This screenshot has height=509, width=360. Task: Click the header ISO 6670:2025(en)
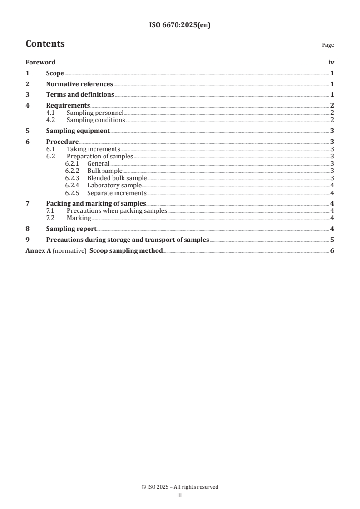(180, 25)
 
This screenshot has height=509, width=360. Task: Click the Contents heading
(45, 44)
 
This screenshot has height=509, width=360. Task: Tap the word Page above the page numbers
(328, 45)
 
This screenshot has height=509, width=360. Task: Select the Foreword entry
(40, 63)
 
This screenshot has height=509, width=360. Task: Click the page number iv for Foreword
(331, 63)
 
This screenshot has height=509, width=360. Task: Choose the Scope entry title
(55, 73)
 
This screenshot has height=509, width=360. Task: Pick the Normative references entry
(79, 84)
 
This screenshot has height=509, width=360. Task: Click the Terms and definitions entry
(80, 95)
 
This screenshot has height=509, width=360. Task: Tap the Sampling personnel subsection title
(95, 113)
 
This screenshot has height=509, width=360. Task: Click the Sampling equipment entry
(78, 131)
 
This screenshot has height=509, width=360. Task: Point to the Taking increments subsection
(93, 149)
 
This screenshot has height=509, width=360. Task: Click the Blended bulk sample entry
(117, 178)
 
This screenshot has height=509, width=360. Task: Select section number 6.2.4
(73, 186)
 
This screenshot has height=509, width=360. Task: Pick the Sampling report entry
(71, 229)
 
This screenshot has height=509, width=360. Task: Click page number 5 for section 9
(332, 240)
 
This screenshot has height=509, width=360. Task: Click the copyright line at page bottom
(180, 487)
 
